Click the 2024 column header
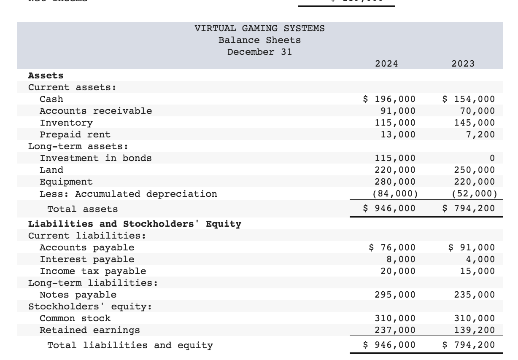pyautogui.click(x=386, y=64)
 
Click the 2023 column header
pyautogui.click(x=463, y=64)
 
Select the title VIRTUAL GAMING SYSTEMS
pyautogui.click(x=259, y=29)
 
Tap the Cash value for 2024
pyautogui.click(x=389, y=99)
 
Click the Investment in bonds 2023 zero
pyautogui.click(x=492, y=158)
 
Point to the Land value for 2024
pyautogui.click(x=395, y=170)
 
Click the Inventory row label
pyautogui.click(x=66, y=123)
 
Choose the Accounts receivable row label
pyautogui.click(x=96, y=111)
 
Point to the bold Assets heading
pyautogui.click(x=46, y=75)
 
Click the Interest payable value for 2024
pyautogui.click(x=401, y=259)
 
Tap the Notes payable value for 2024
pyautogui.click(x=395, y=295)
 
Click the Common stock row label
pyautogui.click(x=75, y=318)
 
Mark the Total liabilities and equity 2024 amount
pyautogui.click(x=389, y=345)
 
